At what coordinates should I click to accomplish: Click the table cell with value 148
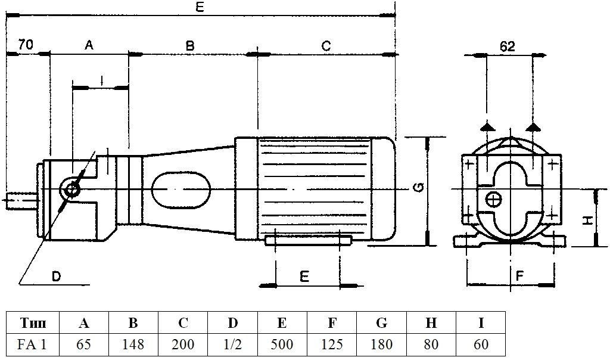133,345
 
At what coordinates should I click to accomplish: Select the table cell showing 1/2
232,345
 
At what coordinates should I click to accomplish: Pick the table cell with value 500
282,345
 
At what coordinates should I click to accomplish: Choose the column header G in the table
382,323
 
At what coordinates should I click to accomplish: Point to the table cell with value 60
481,345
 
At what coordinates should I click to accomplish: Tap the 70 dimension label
25,45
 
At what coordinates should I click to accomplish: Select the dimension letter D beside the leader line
56,276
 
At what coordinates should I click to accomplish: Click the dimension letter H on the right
587,221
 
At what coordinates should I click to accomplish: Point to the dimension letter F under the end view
519,276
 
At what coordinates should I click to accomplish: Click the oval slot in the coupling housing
181,190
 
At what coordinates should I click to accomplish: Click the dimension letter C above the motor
326,45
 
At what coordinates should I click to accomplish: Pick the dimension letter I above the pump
102,78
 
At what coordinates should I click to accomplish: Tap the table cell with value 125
332,345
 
